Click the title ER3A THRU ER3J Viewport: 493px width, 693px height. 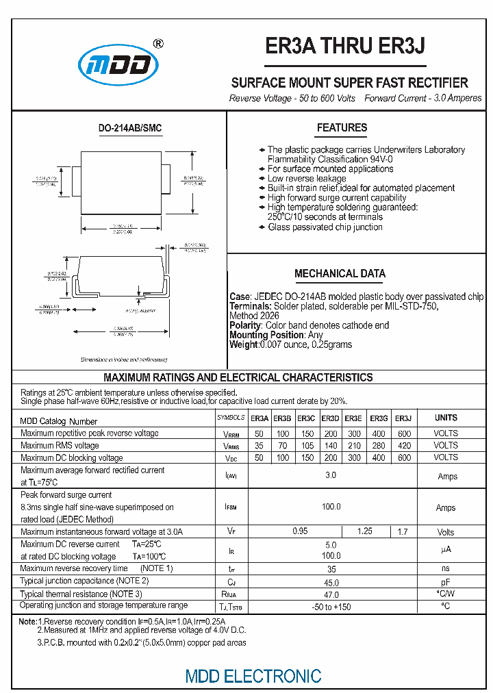pos(345,46)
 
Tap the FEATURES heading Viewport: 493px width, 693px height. pos(342,128)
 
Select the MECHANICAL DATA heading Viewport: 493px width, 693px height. pos(340,273)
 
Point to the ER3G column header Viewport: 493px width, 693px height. pos(379,418)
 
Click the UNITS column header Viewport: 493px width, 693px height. pos(446,418)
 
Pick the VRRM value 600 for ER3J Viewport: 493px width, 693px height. pos(404,433)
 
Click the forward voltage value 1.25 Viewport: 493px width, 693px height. pos(365,531)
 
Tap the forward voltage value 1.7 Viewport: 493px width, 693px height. pos(403,531)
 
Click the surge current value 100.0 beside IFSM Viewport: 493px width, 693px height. pos(331,507)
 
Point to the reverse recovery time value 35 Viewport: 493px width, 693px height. pos(331,569)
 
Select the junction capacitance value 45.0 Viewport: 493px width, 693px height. pos(331,582)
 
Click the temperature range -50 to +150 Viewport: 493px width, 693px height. pos(331,607)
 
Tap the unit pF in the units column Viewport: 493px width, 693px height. pos(446,581)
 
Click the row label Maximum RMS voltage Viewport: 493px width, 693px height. pos(60,446)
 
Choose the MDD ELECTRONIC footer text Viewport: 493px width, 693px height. pos(253,676)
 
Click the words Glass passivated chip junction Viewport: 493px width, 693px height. pos(325,227)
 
